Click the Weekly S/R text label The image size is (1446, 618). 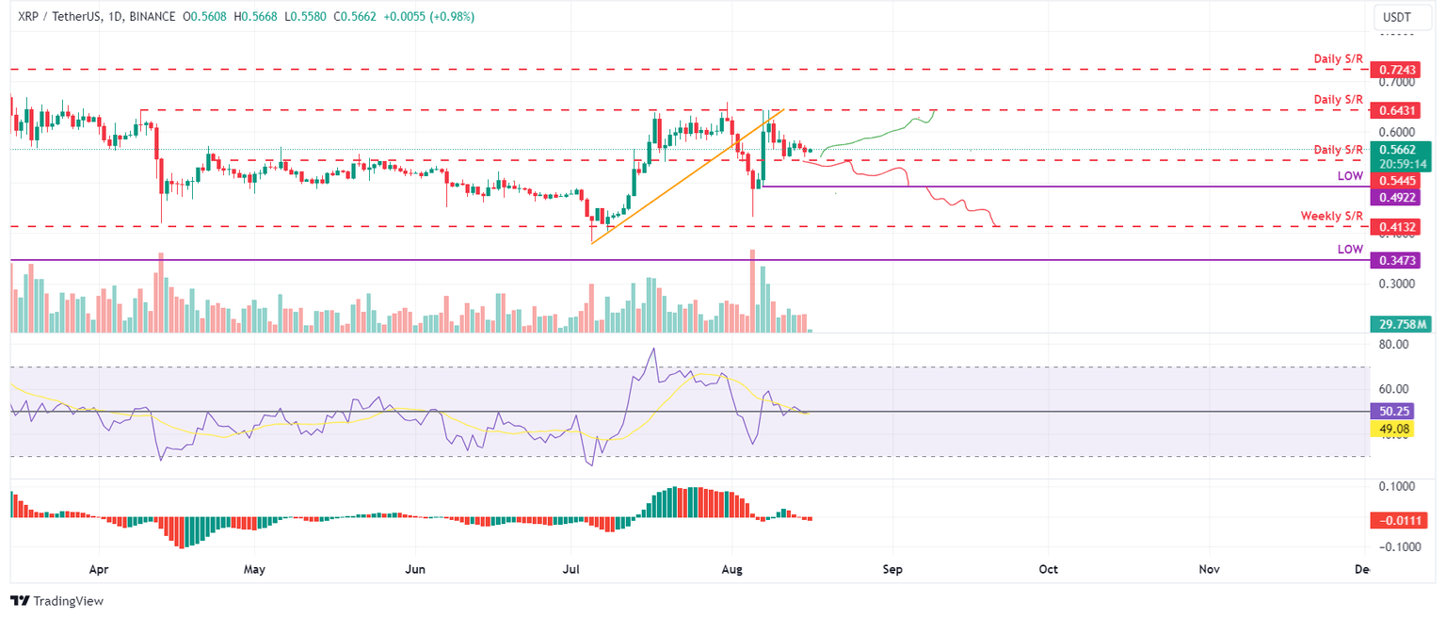click(1331, 216)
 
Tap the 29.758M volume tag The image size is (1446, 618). click(1403, 324)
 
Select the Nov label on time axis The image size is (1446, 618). click(1210, 570)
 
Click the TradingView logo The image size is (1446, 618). click(56, 601)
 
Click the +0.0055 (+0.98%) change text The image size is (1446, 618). click(429, 16)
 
